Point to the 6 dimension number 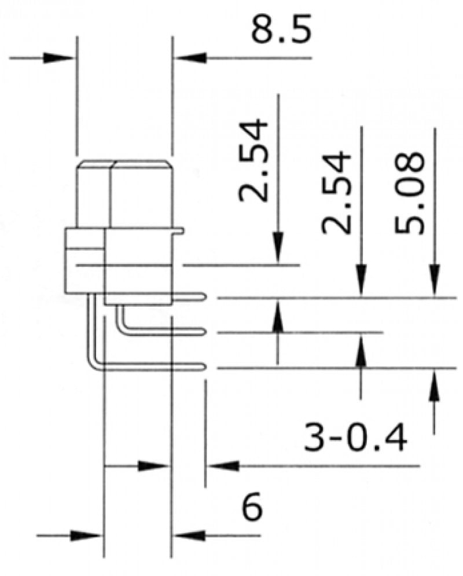point(252,509)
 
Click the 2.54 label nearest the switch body point(255,160)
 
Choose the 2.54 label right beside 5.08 point(337,192)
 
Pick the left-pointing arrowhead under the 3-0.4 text point(223,465)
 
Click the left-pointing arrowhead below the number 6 point(189,535)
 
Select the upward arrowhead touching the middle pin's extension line point(361,351)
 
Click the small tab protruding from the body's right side point(180,231)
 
